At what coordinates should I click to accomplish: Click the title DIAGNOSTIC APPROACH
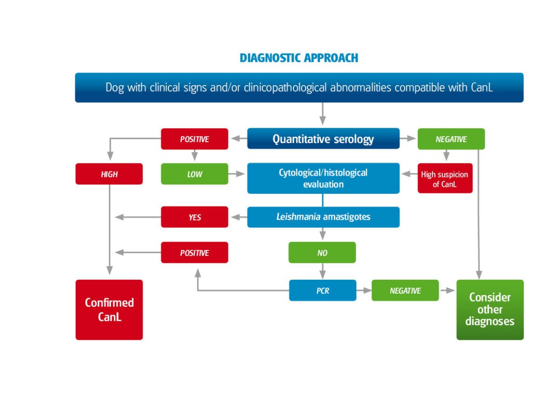(299, 58)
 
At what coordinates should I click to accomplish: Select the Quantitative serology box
(323, 139)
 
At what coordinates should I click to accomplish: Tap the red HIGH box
(109, 174)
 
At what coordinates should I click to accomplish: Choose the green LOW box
(194, 174)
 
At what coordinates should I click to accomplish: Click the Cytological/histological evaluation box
(323, 178)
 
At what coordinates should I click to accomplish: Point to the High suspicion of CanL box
(444, 178)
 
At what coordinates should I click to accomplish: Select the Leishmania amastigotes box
(323, 217)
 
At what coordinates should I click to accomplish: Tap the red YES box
(194, 217)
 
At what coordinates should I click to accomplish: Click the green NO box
(322, 253)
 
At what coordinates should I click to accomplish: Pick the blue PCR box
(323, 290)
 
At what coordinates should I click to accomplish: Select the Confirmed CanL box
(109, 309)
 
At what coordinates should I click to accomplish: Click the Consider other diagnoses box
(490, 309)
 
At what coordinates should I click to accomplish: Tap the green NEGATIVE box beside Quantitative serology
(451, 139)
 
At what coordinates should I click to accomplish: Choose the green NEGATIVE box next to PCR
(405, 290)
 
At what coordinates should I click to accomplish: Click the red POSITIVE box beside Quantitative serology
(194, 139)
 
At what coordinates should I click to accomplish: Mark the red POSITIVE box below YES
(194, 253)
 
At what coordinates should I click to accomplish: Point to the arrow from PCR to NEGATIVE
(364, 290)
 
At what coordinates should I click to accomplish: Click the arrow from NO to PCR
(322, 271)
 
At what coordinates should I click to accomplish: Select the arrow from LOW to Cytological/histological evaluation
(238, 174)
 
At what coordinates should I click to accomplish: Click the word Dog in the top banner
(114, 87)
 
